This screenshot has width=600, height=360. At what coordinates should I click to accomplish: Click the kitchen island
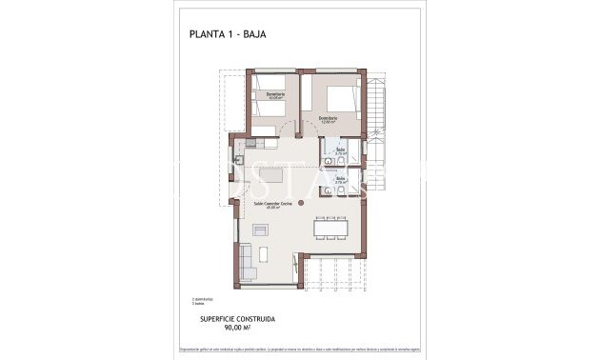[270, 178]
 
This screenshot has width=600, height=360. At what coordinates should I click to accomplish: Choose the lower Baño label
[340, 177]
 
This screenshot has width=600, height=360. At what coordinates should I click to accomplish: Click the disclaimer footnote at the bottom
[299, 348]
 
